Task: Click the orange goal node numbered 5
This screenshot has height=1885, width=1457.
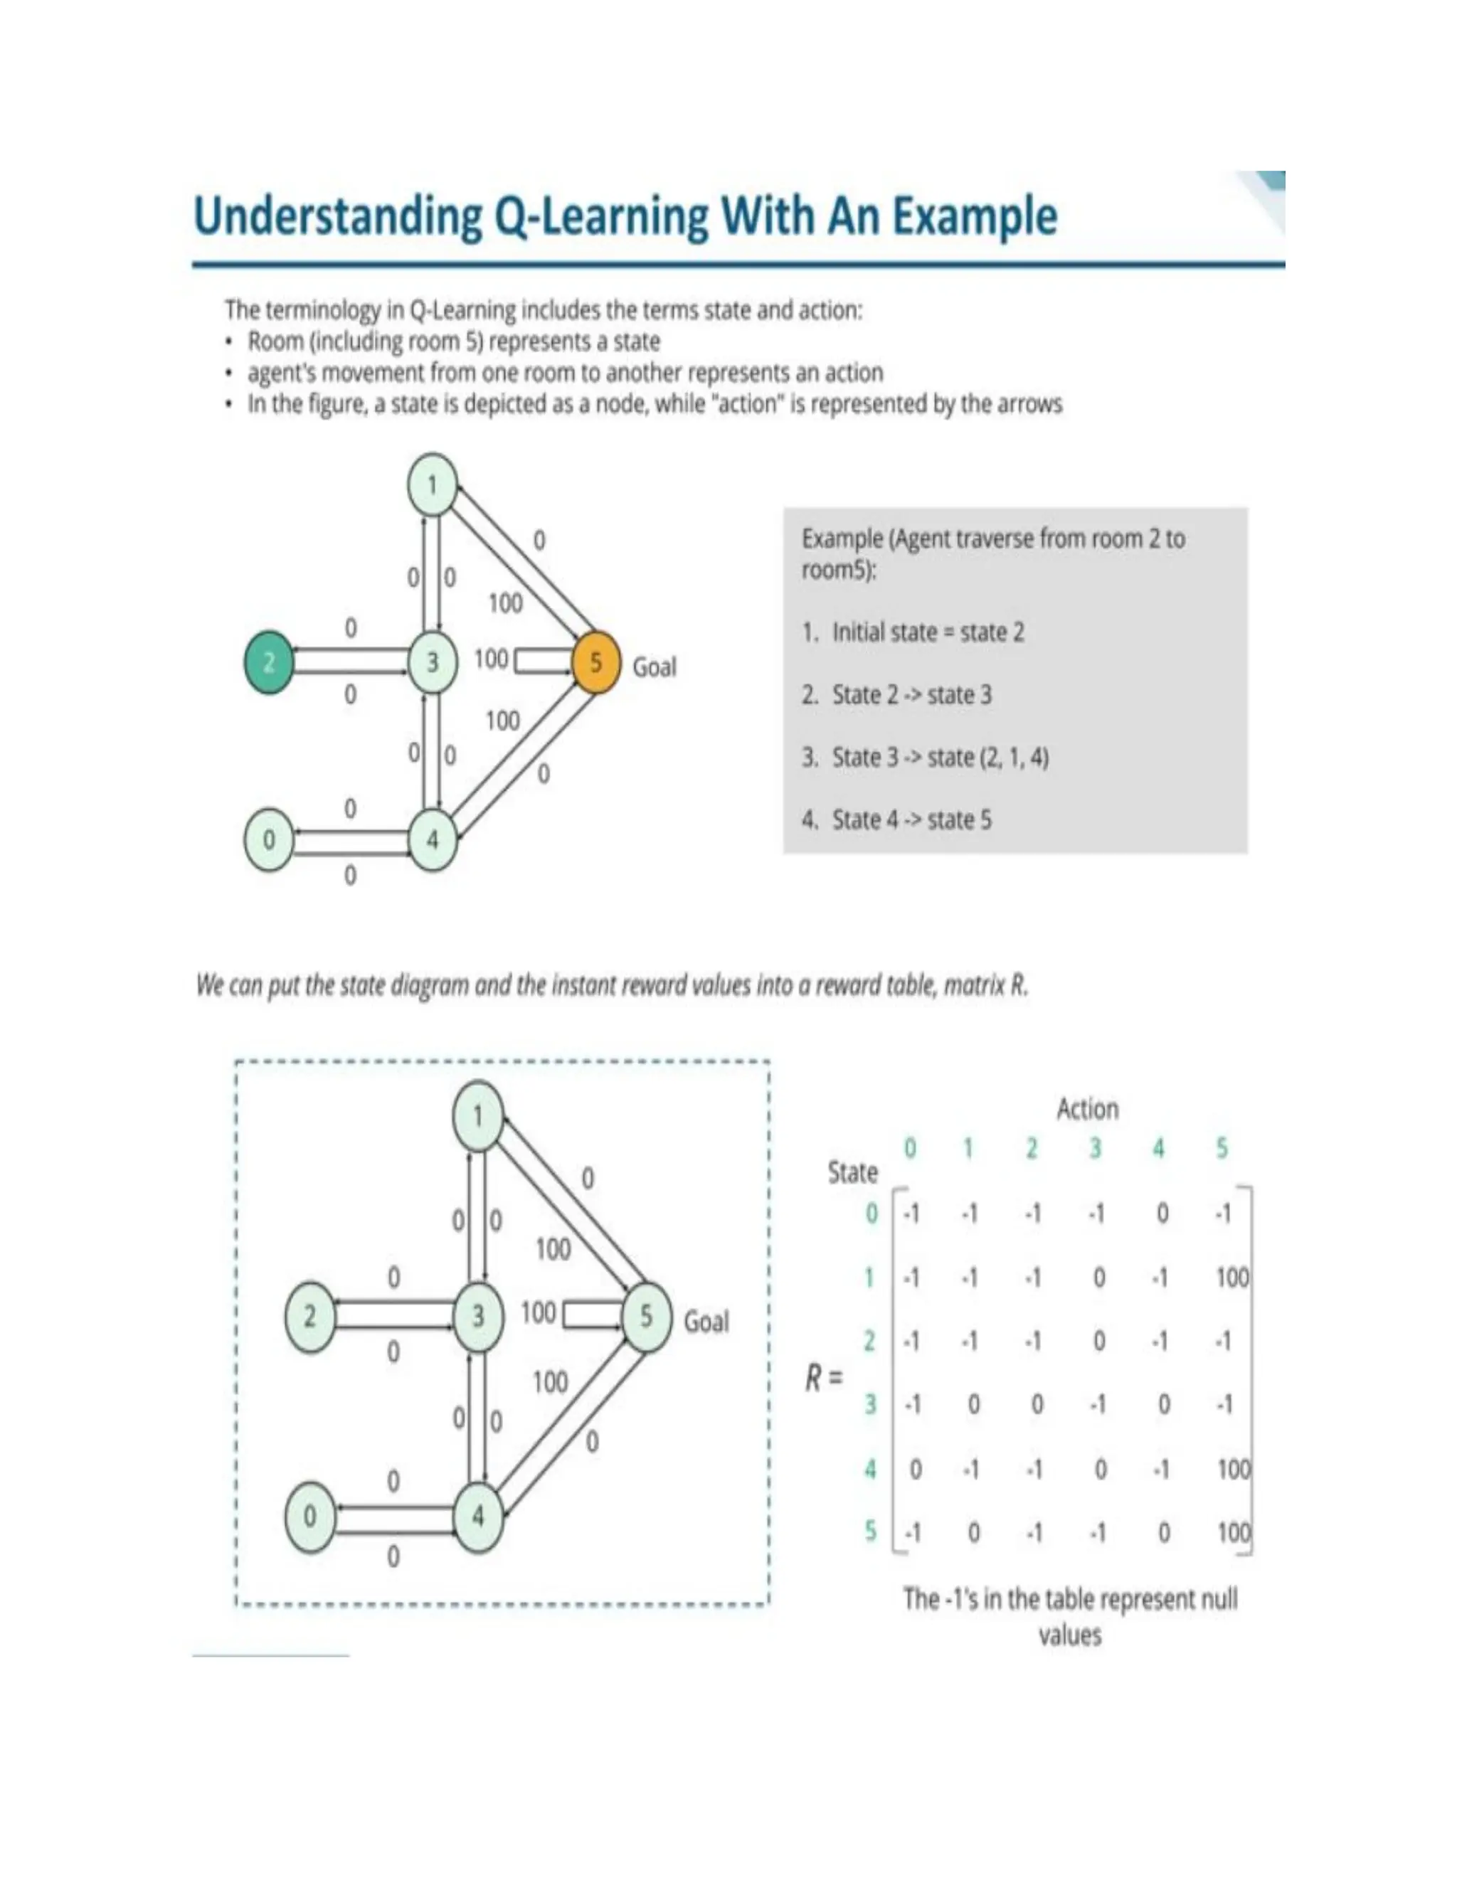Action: coord(595,662)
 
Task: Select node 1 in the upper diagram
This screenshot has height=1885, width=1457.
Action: coord(433,484)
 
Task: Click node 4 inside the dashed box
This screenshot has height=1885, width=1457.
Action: coord(478,1517)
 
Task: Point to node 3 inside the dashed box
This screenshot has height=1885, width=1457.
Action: coord(478,1316)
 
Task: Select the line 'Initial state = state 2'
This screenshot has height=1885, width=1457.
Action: coord(928,632)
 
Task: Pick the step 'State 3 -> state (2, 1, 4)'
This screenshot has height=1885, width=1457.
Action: coord(940,758)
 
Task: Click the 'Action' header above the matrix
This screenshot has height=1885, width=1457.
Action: coord(1088,1109)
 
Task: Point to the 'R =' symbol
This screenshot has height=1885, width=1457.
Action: coord(822,1378)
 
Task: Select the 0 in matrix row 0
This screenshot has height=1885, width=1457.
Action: coord(1162,1214)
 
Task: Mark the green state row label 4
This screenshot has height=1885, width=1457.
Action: coord(871,1469)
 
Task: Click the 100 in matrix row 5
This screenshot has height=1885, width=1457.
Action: coord(1234,1533)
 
